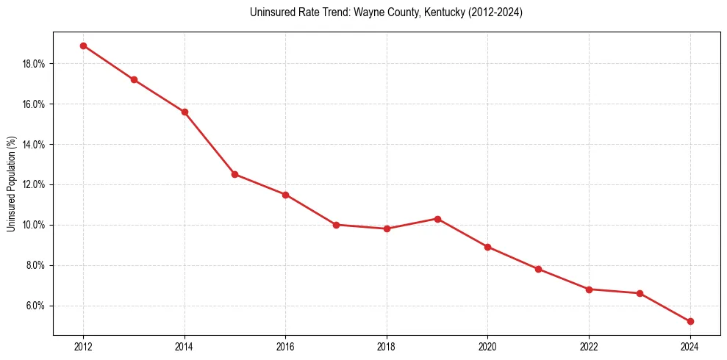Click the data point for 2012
pyautogui.click(x=83, y=46)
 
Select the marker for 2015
pyautogui.click(x=234, y=174)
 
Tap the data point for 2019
pyautogui.click(x=437, y=219)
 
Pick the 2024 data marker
pyautogui.click(x=690, y=321)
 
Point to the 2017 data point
pyautogui.click(x=336, y=225)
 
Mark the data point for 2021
pyautogui.click(x=538, y=269)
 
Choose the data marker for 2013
pyautogui.click(x=134, y=79)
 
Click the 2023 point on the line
pyautogui.click(x=640, y=293)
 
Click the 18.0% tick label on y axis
pyautogui.click(x=34, y=64)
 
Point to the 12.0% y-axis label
pyautogui.click(x=34, y=184)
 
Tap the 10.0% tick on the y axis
pyautogui.click(x=34, y=225)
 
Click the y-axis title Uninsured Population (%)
pyautogui.click(x=11, y=184)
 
